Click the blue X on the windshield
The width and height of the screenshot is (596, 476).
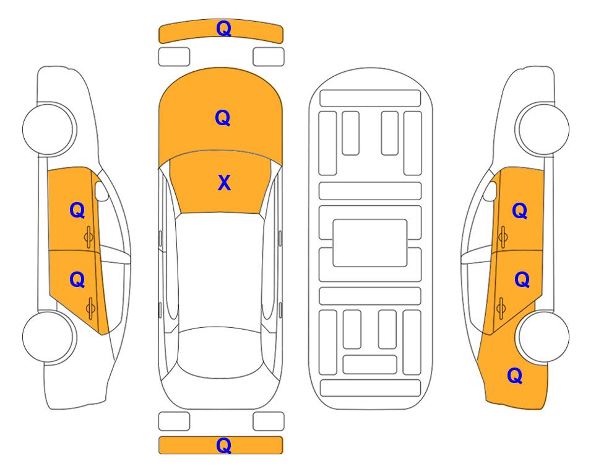point(224,183)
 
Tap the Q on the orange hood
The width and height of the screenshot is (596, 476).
point(223,118)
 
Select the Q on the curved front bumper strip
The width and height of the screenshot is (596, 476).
point(223,28)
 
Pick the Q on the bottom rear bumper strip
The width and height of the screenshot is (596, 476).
point(223,445)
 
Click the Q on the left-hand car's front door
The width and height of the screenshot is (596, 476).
point(77,210)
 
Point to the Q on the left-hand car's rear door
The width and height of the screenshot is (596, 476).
point(77,280)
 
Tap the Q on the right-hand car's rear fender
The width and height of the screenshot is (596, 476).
point(515,376)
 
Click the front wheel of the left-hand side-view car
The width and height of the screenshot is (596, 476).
point(48,129)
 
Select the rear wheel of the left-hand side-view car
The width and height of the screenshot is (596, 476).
point(48,337)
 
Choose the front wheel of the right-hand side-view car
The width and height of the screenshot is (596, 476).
point(544,129)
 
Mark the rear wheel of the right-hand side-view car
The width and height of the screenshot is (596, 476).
point(544,337)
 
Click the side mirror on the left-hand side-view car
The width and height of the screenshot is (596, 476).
point(101,191)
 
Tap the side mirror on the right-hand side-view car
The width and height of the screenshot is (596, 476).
point(490,191)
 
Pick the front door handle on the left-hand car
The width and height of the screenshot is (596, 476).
point(89,237)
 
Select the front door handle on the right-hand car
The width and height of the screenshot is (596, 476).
point(503,237)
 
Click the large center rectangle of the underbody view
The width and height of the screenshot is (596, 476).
point(370,243)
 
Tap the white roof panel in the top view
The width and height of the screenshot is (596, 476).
point(220,271)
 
